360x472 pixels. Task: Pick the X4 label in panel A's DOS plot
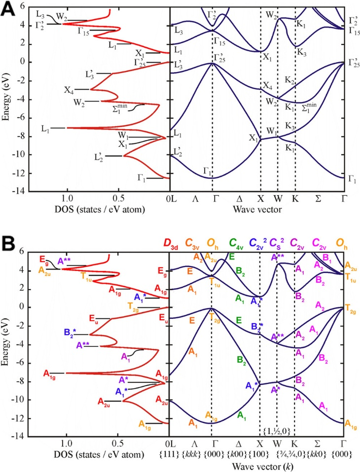(x=69, y=90)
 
